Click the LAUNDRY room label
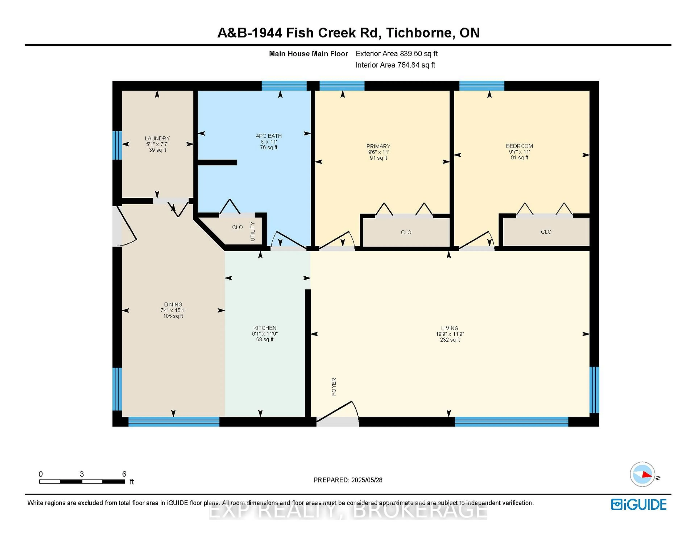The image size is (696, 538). coord(157,138)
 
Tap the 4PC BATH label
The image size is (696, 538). coord(269,136)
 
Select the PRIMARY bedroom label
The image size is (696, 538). coord(378,146)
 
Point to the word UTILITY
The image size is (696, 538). coord(253,231)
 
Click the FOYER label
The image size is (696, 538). coord(334,387)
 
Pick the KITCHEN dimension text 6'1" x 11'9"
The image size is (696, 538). coord(265,334)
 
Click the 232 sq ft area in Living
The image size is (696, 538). coord(450,340)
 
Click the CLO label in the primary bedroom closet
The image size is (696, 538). coord(406,232)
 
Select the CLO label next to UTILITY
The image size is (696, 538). coord(237,227)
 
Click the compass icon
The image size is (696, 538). coord(643,474)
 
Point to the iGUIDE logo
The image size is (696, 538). coord(639,504)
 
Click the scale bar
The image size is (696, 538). coord(82,482)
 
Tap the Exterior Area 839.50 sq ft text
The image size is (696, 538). coord(396,53)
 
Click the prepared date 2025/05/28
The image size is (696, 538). coord(366,480)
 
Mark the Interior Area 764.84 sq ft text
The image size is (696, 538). coord(395,65)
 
